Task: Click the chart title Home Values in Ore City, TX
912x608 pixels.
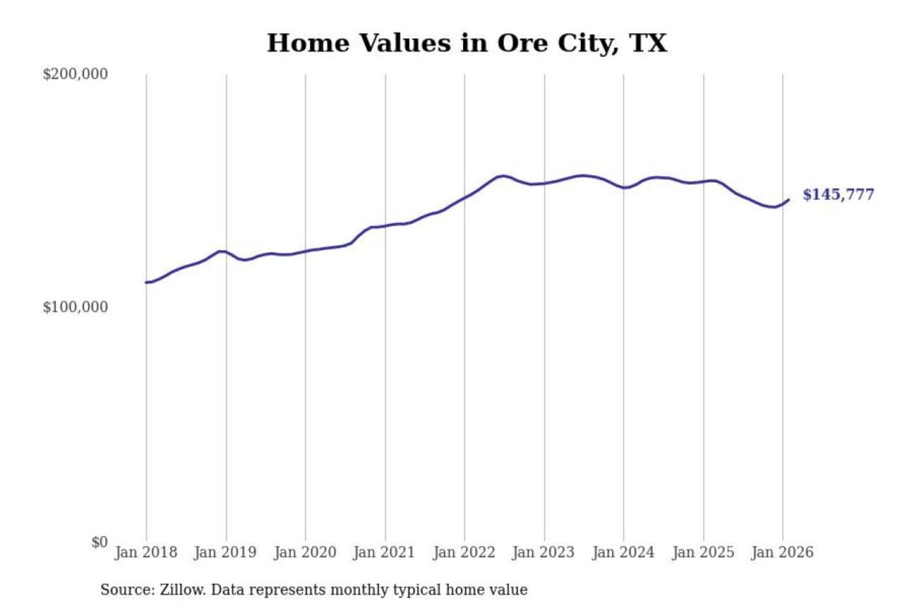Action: (467, 43)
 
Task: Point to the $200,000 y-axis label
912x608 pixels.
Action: (75, 74)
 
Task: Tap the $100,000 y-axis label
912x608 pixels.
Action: (75, 307)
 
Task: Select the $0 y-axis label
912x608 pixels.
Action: (99, 542)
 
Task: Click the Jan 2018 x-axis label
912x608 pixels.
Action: (146, 552)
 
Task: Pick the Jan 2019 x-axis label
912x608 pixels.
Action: (225, 552)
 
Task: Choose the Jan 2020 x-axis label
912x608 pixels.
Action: (305, 552)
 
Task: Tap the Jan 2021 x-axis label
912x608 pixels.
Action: (384, 552)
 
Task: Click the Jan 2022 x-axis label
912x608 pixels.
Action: (464, 552)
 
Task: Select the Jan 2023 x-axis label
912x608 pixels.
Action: (543, 552)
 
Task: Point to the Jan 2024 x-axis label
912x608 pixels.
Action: (623, 552)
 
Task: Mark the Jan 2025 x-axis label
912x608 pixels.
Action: (702, 552)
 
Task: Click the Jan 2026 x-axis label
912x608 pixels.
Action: (782, 552)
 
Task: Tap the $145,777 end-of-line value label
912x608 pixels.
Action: (838, 194)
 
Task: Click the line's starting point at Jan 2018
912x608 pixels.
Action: (146, 282)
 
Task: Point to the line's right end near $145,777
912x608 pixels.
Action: (788, 199)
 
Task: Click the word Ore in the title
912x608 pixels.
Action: (522, 43)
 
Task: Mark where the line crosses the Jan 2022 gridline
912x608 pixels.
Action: (464, 198)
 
